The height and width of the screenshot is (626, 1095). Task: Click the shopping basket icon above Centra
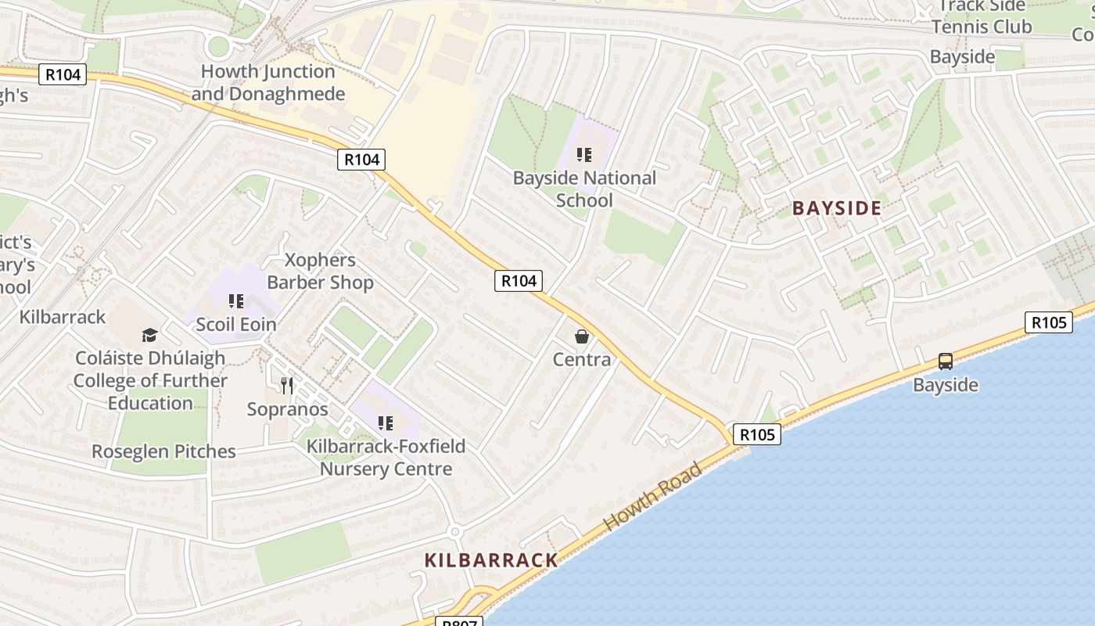point(581,336)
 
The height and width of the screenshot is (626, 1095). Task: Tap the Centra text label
point(581,359)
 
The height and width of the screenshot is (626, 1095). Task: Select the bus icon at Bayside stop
point(946,362)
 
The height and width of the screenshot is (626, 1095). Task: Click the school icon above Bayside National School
point(584,155)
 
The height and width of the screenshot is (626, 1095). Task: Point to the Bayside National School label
point(584,189)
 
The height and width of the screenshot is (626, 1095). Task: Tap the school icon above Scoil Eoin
point(236,301)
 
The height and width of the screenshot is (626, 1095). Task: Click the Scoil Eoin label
point(236,324)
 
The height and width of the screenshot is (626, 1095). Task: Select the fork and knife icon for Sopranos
point(287,385)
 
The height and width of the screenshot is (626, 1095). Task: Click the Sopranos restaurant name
point(287,409)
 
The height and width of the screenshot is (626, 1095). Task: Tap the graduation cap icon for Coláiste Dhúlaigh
point(149,335)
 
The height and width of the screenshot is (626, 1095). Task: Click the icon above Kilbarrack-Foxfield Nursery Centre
point(385,423)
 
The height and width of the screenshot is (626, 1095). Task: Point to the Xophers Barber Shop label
point(320,271)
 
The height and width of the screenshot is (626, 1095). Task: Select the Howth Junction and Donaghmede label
point(268,83)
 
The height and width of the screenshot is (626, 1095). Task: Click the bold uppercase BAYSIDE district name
point(837,208)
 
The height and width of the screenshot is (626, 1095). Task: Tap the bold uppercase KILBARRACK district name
point(491,560)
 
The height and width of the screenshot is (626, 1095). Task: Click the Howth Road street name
point(653,498)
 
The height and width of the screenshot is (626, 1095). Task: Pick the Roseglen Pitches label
point(163,452)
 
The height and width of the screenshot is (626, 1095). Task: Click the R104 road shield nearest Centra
point(519,281)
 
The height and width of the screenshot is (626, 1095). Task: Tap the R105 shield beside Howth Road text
point(756,434)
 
